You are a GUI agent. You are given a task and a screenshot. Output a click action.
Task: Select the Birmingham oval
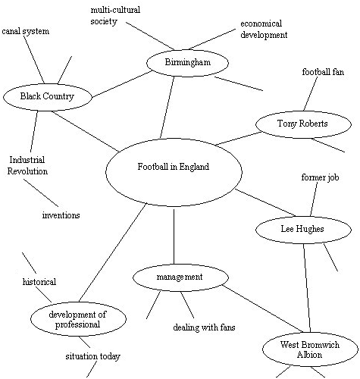coord(186,62)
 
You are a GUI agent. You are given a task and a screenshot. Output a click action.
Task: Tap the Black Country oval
coord(47,97)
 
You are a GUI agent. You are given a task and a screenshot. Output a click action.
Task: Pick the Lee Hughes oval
coord(302,229)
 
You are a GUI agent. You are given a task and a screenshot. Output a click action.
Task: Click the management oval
coord(179,277)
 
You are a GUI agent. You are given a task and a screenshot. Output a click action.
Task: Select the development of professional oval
coord(77,319)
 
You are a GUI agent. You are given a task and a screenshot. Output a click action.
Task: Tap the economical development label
coord(263,29)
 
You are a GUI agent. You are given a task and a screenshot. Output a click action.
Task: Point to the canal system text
coord(25,32)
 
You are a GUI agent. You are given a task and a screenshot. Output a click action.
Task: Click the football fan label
coord(324,73)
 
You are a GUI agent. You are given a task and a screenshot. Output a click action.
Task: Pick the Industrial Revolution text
coord(27,165)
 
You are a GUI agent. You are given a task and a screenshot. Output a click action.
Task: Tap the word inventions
coord(61,215)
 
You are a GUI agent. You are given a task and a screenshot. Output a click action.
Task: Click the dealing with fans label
coord(204,327)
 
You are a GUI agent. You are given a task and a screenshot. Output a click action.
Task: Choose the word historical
coord(39,282)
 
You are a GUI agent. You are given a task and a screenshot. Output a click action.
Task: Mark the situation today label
coord(92,356)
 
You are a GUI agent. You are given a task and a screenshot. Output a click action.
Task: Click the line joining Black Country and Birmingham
coord(120,85)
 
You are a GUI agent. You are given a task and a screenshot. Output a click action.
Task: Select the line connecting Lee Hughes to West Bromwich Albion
coord(307,288)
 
